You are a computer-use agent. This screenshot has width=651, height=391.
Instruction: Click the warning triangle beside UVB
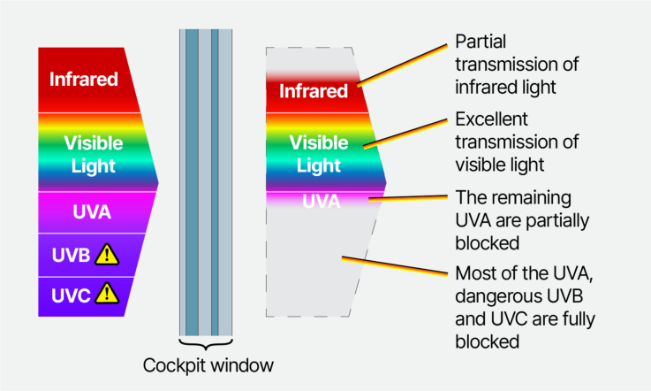pyautogui.click(x=107, y=255)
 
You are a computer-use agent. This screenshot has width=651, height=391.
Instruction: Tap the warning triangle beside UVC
pyautogui.click(x=107, y=294)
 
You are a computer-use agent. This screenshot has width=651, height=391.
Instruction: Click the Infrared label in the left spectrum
pyautogui.click(x=83, y=79)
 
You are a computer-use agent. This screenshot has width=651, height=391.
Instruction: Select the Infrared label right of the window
pyautogui.click(x=314, y=91)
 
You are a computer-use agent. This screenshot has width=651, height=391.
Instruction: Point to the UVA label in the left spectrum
pyautogui.click(x=92, y=211)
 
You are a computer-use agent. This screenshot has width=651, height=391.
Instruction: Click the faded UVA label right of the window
pyautogui.click(x=322, y=202)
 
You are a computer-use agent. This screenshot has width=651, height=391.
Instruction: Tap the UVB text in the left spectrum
pyautogui.click(x=71, y=255)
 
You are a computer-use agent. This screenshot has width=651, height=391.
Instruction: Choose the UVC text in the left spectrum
pyautogui.click(x=71, y=295)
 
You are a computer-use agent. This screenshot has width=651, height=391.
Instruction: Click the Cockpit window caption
pyautogui.click(x=208, y=365)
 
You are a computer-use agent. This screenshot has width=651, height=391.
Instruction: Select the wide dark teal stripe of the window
pyautogui.click(x=192, y=182)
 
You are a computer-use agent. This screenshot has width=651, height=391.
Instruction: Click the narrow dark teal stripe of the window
pyautogui.click(x=215, y=182)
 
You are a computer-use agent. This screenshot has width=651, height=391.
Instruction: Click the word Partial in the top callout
pyautogui.click(x=481, y=42)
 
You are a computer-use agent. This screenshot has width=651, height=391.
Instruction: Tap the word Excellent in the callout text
pyautogui.click(x=492, y=119)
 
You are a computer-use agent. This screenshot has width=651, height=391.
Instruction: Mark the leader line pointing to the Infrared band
pyautogui.click(x=402, y=65)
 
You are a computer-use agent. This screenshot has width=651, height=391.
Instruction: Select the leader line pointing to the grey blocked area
pyautogui.click(x=395, y=266)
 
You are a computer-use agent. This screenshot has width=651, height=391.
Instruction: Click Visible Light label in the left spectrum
pyautogui.click(x=94, y=154)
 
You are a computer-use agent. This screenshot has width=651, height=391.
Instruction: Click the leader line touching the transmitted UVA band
pyautogui.click(x=408, y=198)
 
